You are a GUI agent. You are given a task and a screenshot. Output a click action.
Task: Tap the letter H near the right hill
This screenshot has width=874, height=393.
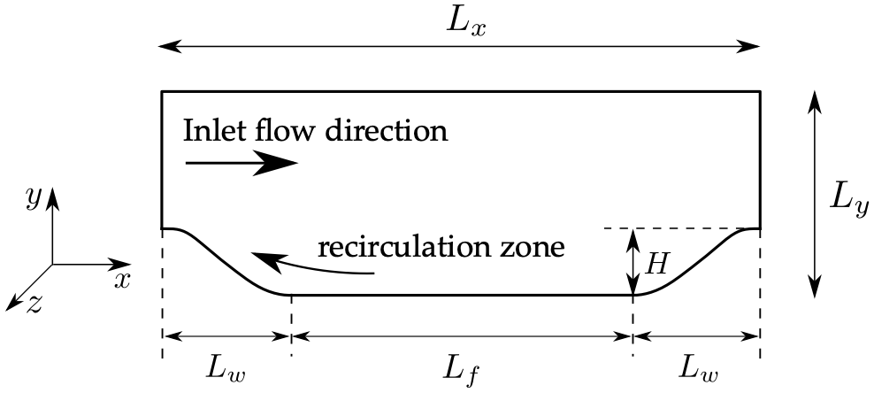click(x=655, y=263)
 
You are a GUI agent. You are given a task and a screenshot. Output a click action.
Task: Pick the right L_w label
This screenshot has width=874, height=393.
click(x=698, y=365)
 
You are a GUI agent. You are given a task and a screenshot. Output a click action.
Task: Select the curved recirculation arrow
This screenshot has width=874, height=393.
click(x=310, y=266)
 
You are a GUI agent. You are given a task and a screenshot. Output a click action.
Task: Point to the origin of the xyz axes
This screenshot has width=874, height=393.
click(x=52, y=263)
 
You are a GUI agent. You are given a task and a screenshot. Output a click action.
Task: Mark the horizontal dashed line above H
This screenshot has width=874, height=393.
click(x=672, y=228)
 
